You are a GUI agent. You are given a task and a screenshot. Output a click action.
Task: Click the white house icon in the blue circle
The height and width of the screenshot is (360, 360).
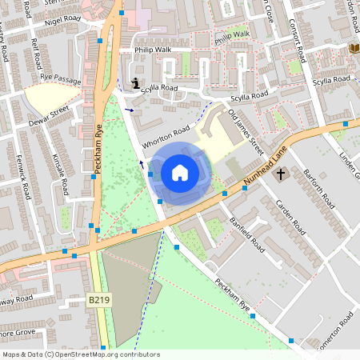180,172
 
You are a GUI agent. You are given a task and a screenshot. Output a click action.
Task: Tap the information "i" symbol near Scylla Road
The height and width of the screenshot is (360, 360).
137,82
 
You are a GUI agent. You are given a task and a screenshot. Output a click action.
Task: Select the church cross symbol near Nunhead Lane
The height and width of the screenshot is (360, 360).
281,173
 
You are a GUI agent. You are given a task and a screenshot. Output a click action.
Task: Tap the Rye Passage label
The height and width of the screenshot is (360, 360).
55,80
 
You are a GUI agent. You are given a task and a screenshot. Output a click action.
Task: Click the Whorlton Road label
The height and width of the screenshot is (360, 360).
166,136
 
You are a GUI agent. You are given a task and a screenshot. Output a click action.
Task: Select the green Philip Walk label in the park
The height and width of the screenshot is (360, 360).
232,35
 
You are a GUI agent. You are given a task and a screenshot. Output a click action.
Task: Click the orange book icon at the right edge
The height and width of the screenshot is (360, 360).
354,48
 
